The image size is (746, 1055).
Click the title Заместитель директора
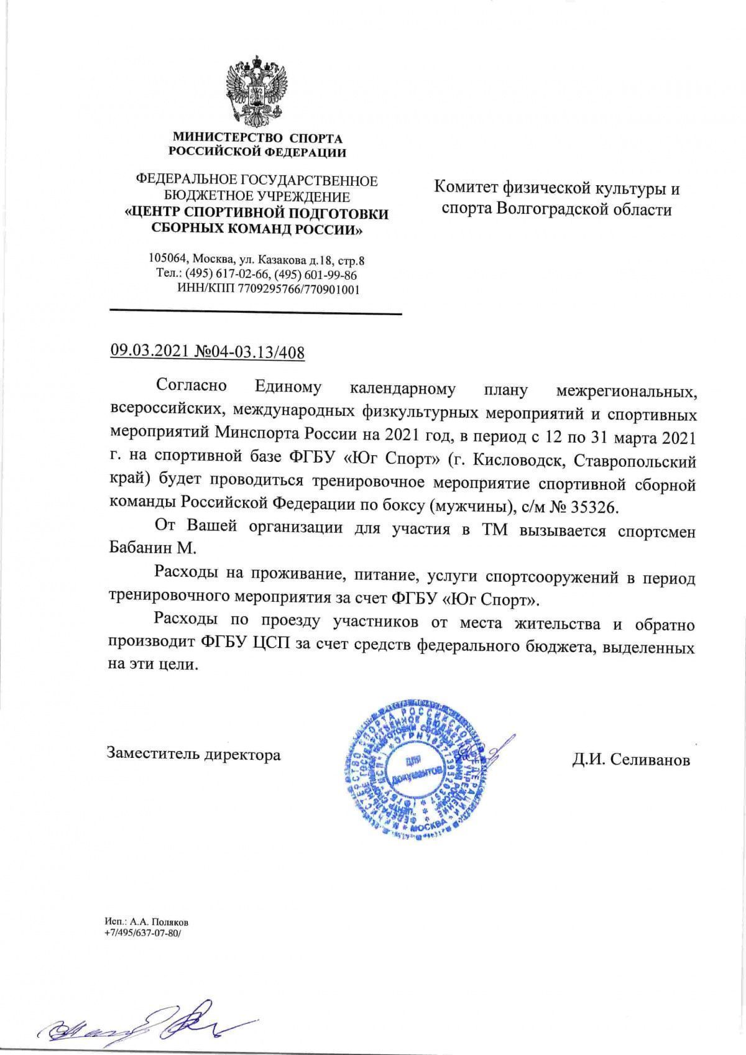pos(193,755)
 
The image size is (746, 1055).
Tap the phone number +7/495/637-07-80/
pos(142,933)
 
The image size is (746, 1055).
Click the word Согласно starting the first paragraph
pos(191,385)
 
